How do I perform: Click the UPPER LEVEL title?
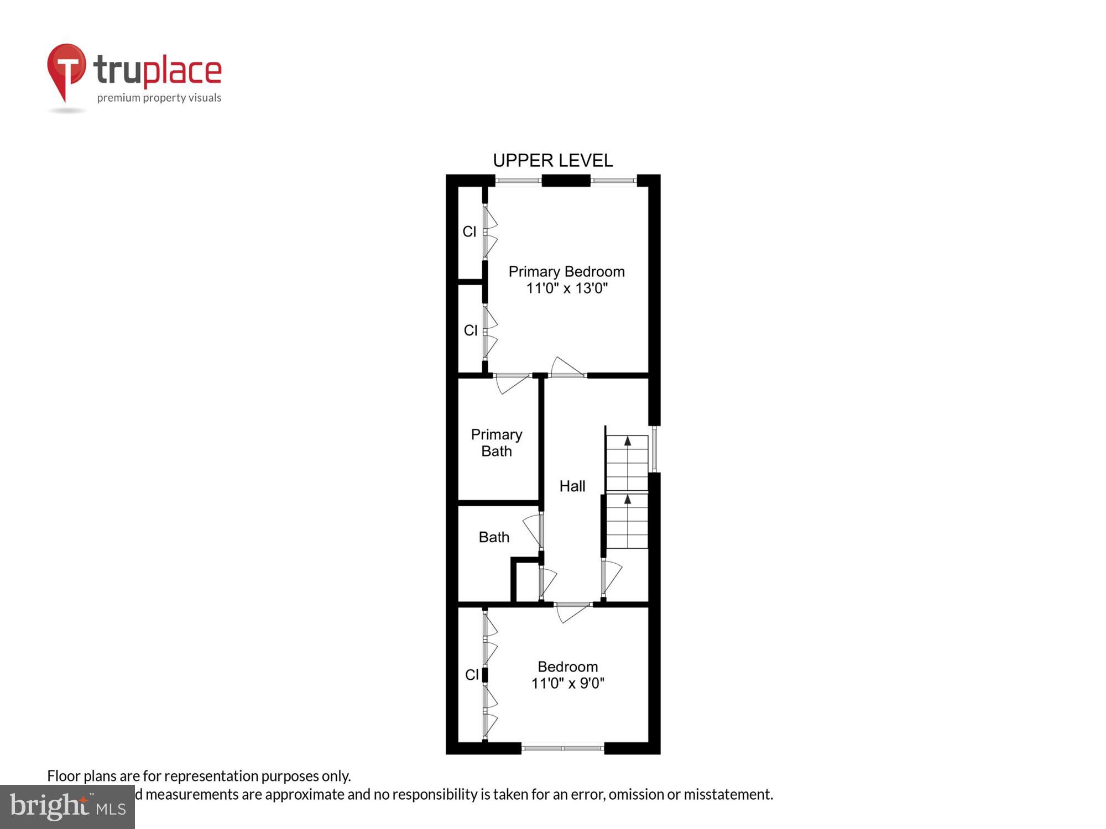point(552,160)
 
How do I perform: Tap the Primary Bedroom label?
point(566,271)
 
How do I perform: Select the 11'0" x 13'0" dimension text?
point(566,288)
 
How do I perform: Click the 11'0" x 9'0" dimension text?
point(567,684)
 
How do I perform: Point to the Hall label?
point(572,486)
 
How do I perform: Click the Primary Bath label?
point(496,443)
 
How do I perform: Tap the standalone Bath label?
point(494,537)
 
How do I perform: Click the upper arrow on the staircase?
point(628,441)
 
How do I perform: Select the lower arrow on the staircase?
point(628,500)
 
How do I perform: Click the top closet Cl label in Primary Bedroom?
point(469,232)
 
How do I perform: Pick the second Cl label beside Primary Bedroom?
point(471,330)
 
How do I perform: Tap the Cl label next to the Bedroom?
point(472,675)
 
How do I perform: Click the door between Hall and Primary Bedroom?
point(567,369)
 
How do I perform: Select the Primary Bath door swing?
point(512,382)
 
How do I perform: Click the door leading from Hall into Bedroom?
point(573,611)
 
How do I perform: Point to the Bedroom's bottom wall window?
point(562,748)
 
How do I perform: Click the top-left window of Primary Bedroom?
point(518,180)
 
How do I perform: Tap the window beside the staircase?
point(654,448)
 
